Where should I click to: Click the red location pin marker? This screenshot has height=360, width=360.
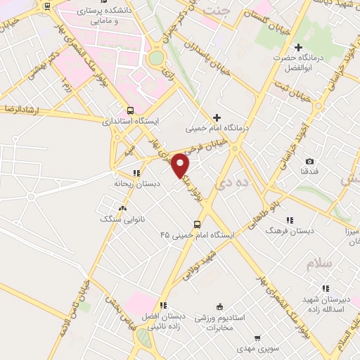tap(181, 166)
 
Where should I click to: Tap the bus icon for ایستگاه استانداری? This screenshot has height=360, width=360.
tap(130, 110)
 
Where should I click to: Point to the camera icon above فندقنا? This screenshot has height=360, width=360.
tap(309, 161)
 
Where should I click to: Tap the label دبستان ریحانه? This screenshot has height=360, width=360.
tap(138, 184)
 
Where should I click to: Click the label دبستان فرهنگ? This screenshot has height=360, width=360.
tap(289, 230)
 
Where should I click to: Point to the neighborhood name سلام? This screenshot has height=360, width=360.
tap(318, 263)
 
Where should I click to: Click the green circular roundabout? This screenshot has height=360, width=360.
tap(156, 56)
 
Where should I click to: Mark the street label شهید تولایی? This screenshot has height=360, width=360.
tap(205, 263)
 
